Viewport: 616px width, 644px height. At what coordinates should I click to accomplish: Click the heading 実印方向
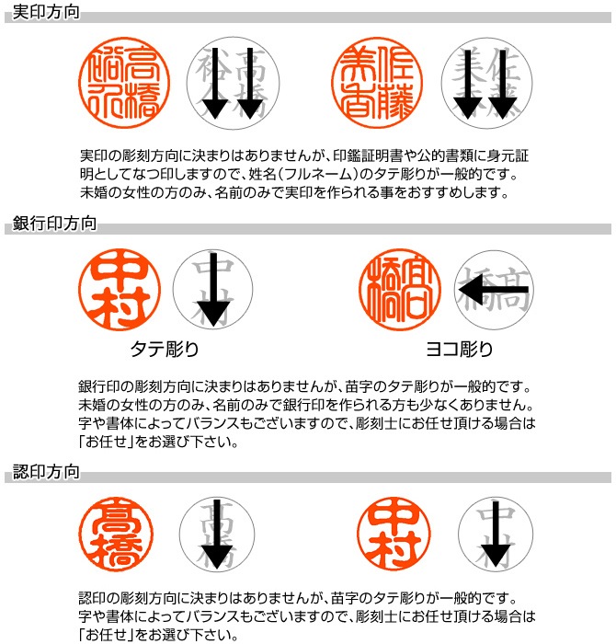click(x=46, y=13)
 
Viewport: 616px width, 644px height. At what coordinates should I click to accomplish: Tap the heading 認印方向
click(x=46, y=473)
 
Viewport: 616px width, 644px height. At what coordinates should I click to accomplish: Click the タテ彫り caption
click(x=165, y=350)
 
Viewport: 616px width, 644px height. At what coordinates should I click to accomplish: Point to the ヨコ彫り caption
click(x=459, y=350)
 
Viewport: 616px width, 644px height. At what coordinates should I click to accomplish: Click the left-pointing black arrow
click(x=493, y=291)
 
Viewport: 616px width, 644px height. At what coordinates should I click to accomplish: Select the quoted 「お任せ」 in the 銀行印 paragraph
click(x=108, y=441)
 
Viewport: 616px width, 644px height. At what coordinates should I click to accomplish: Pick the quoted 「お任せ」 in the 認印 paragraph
click(x=108, y=635)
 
